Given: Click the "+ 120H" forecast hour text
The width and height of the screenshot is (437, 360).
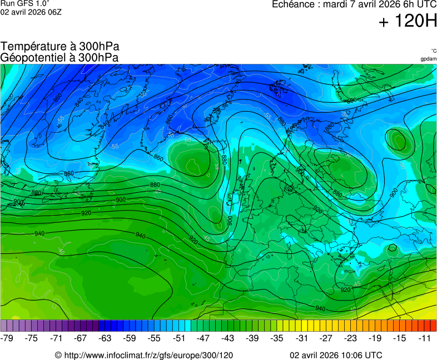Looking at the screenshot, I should [407, 22].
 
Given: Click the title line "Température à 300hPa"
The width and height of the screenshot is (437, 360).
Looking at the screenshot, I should [60, 47].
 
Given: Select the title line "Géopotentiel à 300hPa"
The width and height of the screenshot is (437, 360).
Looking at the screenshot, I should [60, 57].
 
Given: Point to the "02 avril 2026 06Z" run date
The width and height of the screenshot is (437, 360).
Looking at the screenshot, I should [31, 12].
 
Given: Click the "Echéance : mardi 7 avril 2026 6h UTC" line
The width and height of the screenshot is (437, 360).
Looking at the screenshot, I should [354, 4].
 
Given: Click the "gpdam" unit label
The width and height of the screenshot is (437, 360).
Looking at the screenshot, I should [428, 59].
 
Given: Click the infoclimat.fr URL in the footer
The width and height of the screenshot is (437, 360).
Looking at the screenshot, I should [144, 355].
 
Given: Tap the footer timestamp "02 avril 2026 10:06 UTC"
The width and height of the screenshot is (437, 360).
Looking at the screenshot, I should [336, 355].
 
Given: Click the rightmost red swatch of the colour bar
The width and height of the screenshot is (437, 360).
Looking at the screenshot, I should [433, 326].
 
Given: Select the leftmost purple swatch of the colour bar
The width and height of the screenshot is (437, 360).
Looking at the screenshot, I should [4, 326].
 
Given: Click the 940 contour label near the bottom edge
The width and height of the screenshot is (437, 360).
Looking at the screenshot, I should [320, 308].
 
